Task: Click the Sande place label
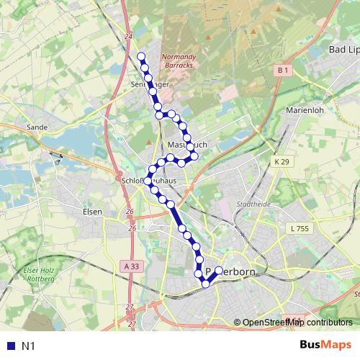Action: (37, 127)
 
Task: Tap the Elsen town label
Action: (92, 212)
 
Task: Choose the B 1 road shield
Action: (282, 71)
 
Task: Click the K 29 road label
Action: (281, 163)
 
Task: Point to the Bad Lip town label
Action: (343, 50)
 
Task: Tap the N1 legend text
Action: (29, 346)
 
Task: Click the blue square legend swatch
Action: (9, 346)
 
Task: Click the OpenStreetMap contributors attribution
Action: (297, 323)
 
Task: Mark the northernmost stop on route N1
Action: (141, 57)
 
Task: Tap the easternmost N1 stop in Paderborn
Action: (219, 271)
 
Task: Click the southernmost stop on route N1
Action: (206, 284)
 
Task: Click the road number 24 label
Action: (128, 35)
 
